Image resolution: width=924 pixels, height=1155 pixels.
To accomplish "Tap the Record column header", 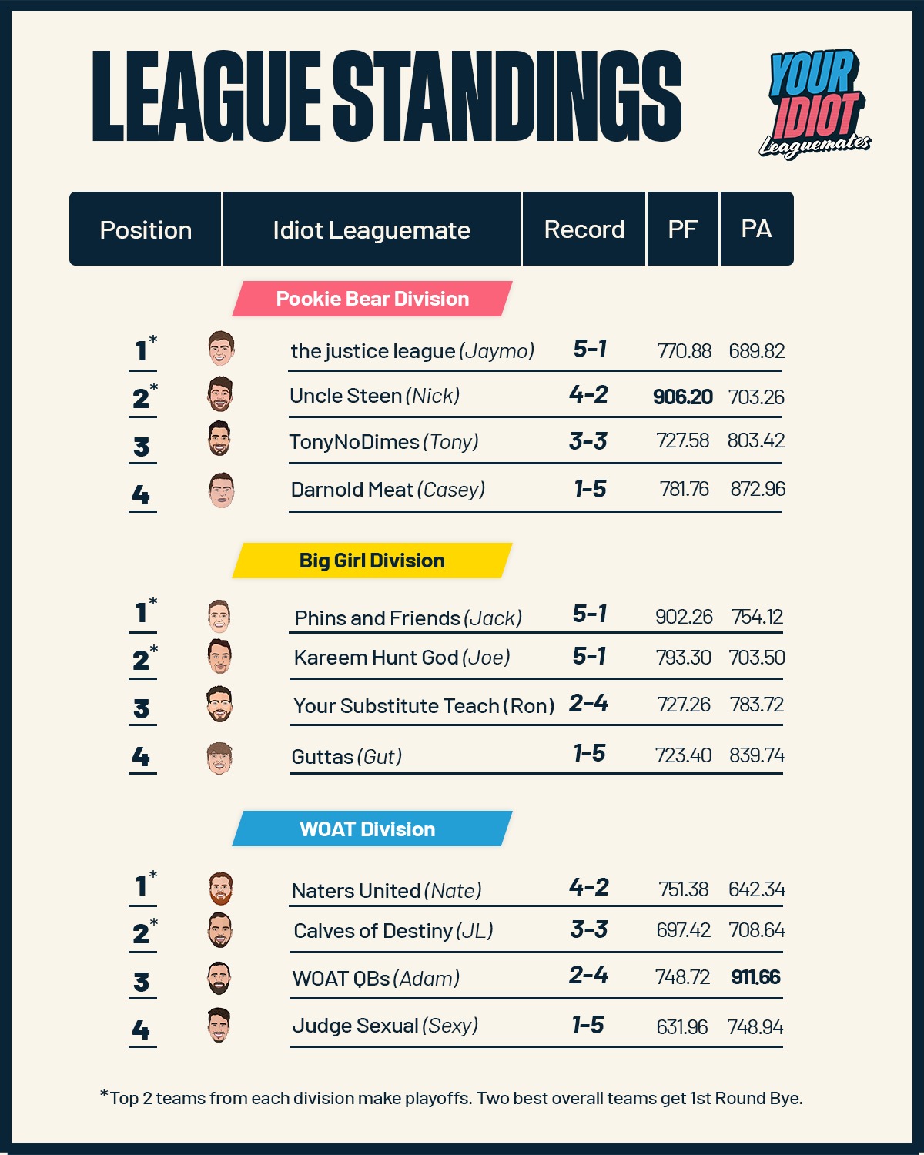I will point(584,229).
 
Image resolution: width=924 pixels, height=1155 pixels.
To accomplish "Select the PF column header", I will point(682,229).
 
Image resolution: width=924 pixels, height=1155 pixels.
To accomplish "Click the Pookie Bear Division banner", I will point(372,299).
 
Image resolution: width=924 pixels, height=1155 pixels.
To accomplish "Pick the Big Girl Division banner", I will point(372,561).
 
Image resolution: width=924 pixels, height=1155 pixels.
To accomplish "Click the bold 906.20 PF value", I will point(682,397).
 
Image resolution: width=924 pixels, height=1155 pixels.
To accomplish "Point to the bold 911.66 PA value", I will point(755,977).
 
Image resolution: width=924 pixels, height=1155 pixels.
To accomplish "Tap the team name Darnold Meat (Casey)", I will point(387,490).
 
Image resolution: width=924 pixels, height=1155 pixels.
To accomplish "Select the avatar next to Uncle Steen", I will point(220,394).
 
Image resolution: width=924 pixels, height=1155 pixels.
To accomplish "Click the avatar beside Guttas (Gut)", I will point(219,758).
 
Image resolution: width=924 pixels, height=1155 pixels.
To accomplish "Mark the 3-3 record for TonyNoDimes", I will point(588,441).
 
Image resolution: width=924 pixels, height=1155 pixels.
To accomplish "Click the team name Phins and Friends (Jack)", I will point(408,618).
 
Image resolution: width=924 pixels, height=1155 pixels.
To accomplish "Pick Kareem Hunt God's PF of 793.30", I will point(683,658).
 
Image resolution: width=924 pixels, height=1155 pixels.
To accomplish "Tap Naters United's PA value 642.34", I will point(756,889).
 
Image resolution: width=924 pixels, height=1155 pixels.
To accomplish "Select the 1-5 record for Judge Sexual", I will point(588,1025).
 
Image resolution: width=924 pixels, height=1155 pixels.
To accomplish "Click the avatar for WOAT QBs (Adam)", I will point(219,979).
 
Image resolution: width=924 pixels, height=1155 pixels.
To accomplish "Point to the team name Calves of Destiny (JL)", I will point(393,931).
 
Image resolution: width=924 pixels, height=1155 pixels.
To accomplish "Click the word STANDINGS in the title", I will point(507,98).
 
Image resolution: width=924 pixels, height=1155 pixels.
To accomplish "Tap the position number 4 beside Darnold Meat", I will point(141,494).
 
